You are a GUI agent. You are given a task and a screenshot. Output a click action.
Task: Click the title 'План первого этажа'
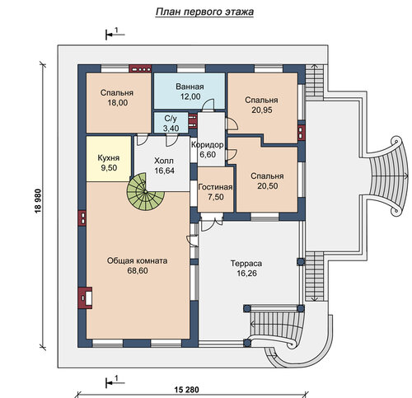(x=204, y=12)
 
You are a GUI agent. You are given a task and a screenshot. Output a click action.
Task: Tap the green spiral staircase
(x=145, y=192)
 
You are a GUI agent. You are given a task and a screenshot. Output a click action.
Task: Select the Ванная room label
(x=190, y=87)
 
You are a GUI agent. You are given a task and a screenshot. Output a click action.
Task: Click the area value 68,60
(x=138, y=271)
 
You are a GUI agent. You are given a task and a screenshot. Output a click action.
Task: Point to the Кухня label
(x=109, y=158)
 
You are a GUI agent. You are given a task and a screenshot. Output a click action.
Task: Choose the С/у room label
(x=171, y=119)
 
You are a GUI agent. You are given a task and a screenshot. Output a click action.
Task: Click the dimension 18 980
(x=38, y=200)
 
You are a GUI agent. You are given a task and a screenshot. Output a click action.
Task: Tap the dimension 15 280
(x=186, y=390)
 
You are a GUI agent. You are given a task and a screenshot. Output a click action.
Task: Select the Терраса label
(x=246, y=264)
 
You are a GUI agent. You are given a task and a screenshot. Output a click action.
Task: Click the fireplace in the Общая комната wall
(x=85, y=297)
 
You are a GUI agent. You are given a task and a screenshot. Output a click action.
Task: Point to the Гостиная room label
(x=215, y=187)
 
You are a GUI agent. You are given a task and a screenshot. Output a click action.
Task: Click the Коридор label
(x=208, y=145)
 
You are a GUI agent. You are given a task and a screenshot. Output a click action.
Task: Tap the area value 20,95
(x=262, y=110)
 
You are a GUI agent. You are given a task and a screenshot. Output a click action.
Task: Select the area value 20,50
(x=268, y=186)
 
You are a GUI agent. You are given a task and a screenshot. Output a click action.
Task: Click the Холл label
(x=164, y=161)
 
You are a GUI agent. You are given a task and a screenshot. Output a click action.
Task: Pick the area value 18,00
(x=117, y=103)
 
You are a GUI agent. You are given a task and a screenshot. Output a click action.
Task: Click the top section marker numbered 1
(x=115, y=34)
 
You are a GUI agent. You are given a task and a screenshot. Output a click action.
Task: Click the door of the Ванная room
(x=208, y=105)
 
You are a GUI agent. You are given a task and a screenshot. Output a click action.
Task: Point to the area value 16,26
(x=246, y=274)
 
